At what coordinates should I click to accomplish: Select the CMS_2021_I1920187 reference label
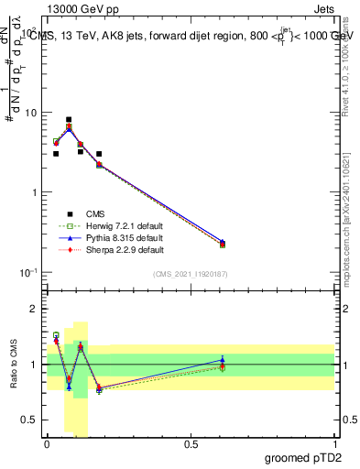[191, 274]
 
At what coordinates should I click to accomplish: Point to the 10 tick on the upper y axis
[31, 113]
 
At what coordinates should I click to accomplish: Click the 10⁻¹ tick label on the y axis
[29, 272]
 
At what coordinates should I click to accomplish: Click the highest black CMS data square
[69, 120]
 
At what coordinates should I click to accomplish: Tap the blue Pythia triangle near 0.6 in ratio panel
[223, 359]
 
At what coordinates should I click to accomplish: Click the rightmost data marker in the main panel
[223, 244]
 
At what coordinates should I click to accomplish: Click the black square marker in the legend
[70, 213]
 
